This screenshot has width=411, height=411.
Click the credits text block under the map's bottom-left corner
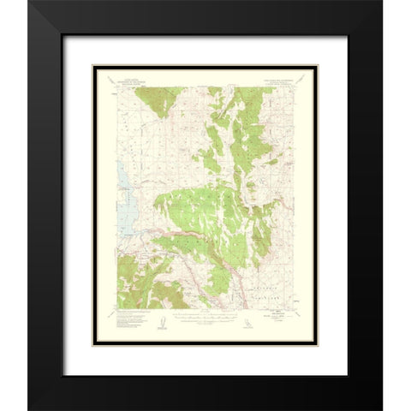(128, 318)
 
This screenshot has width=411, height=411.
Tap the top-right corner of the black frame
(382, 2)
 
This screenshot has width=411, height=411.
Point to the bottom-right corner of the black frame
(382, 408)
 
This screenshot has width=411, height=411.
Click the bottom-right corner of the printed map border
(295, 309)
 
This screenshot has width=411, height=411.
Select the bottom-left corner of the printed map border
(112, 309)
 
